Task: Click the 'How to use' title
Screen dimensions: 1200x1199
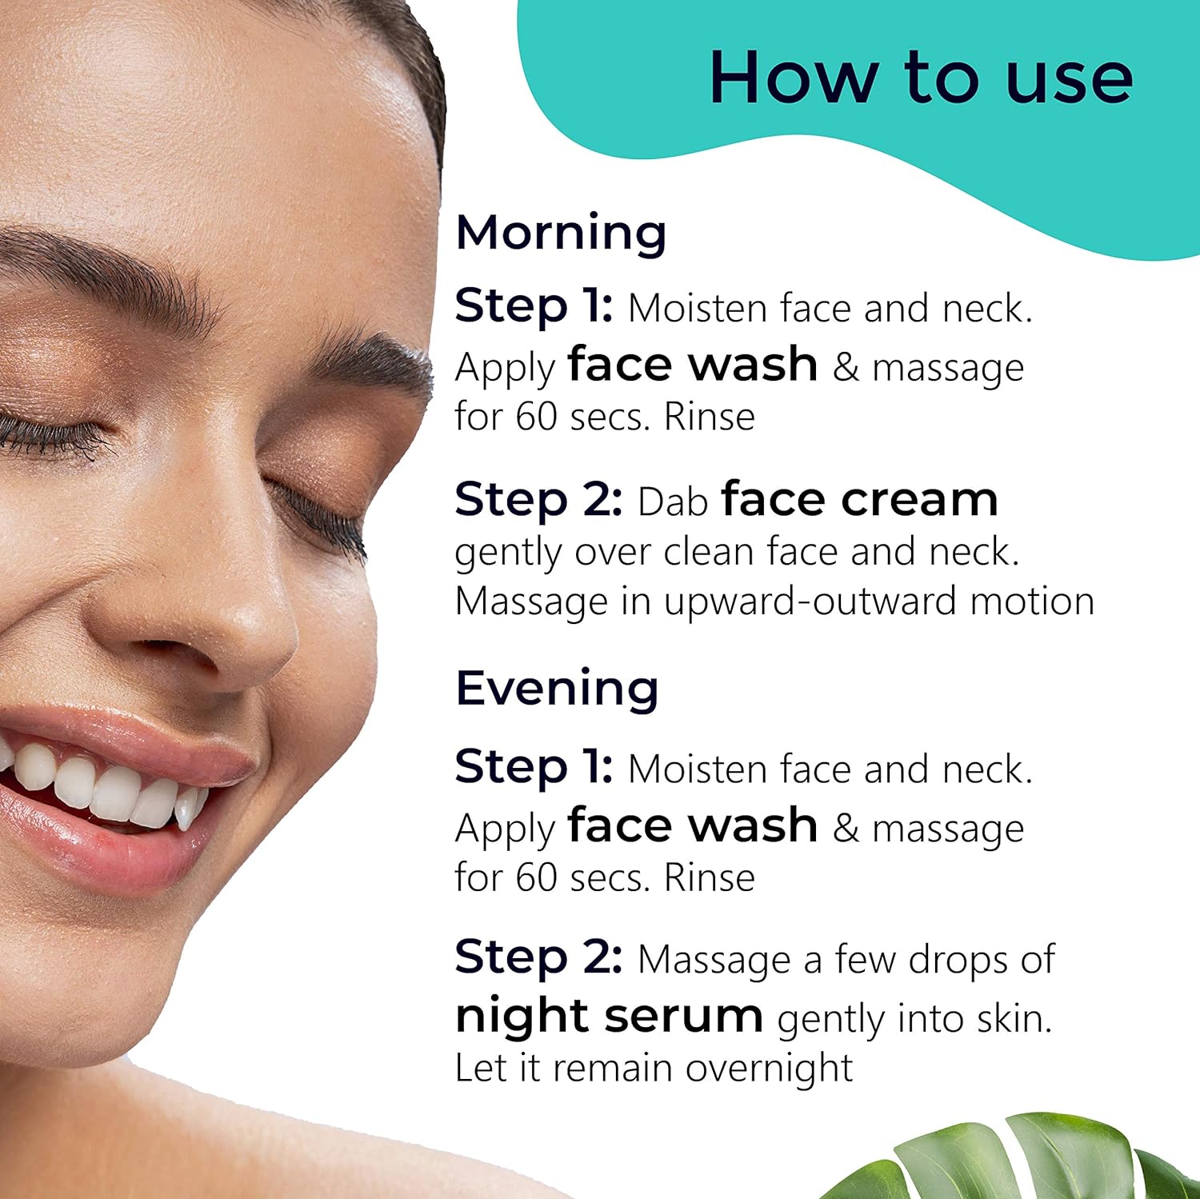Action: click(921, 78)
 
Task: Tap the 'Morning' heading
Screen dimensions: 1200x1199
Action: click(561, 234)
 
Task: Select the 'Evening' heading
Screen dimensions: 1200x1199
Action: click(557, 688)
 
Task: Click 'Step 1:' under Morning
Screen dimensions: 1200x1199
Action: click(534, 306)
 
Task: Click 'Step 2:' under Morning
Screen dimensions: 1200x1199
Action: click(538, 500)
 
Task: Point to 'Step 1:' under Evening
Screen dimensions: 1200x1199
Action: click(534, 767)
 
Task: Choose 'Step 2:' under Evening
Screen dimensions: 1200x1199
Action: click(538, 957)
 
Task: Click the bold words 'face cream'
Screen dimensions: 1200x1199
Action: click(860, 499)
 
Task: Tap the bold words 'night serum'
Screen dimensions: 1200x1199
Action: click(609, 1016)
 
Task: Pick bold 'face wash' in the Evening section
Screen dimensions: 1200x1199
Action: click(693, 825)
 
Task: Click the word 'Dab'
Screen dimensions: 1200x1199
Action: click(673, 502)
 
